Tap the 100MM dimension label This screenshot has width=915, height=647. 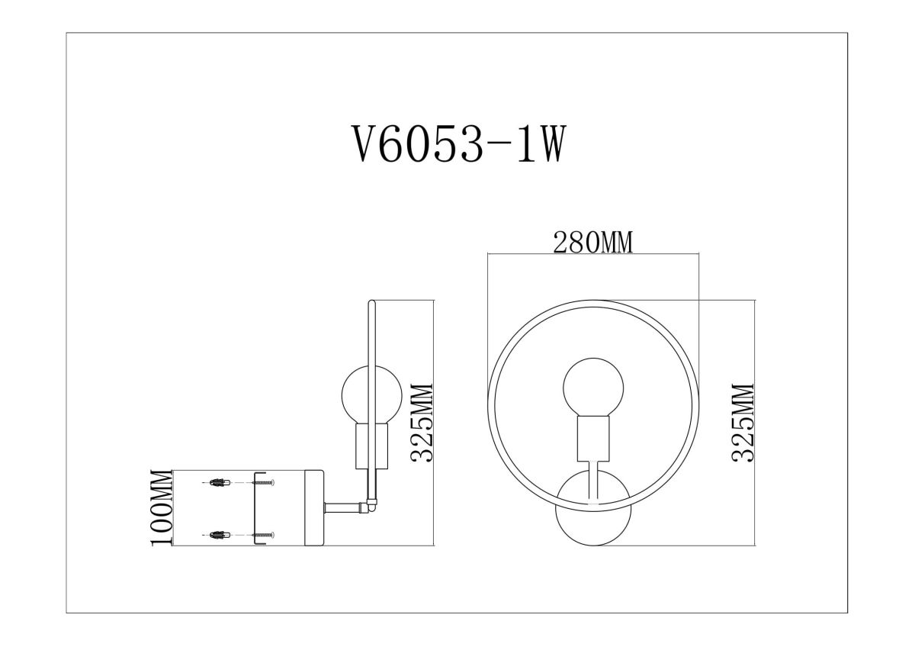(161, 507)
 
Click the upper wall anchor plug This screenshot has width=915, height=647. (217, 482)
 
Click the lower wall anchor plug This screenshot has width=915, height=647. (217, 536)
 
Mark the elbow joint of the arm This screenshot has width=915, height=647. (371, 504)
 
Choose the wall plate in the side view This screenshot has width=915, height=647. (315, 507)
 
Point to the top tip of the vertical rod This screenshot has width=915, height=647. (371, 304)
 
